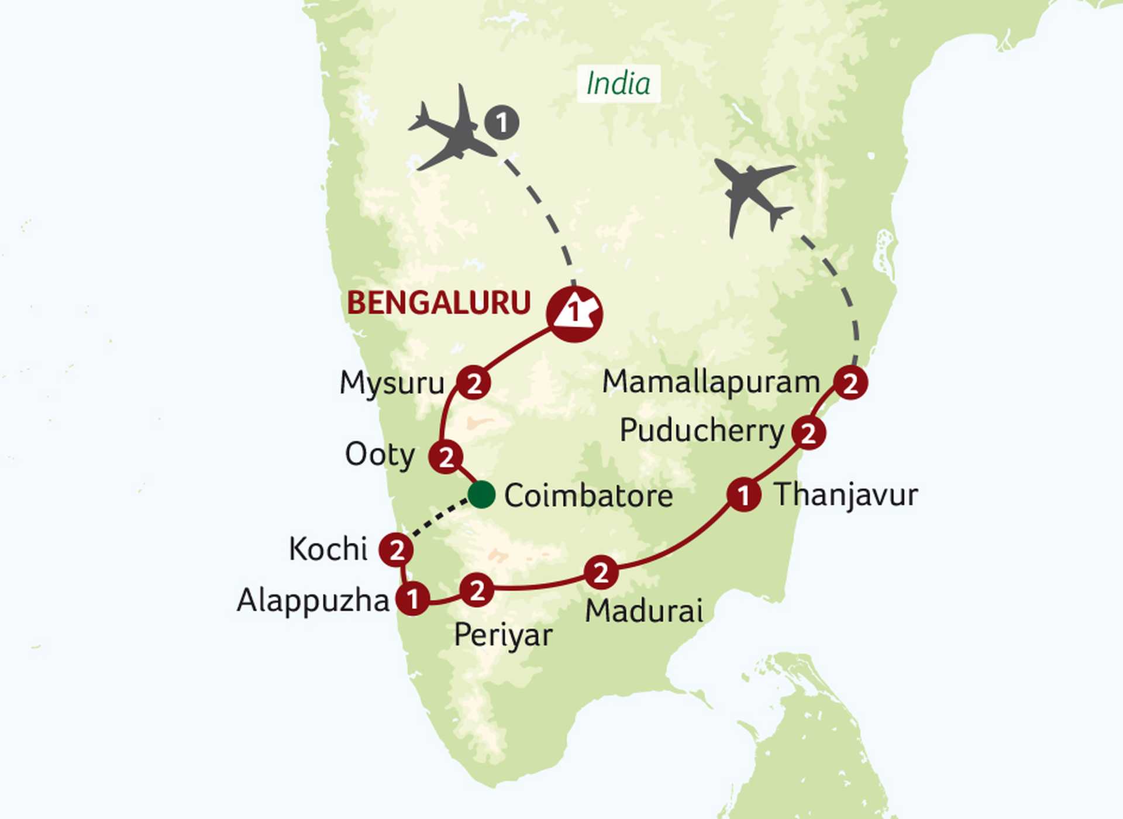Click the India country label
tap(618, 84)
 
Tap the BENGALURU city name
tap(439, 303)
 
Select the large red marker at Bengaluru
tap(574, 314)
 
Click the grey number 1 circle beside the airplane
tap(502, 123)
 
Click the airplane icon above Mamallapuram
tap(752, 193)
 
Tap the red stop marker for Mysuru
tap(474, 383)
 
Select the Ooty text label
tap(380, 455)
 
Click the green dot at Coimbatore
tap(482, 494)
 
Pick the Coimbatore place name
tap(588, 496)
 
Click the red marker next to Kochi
tap(396, 550)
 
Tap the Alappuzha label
tap(313, 601)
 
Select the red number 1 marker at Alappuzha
tap(413, 598)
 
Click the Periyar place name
tap(503, 635)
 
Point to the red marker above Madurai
tap(601, 572)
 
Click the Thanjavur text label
tap(846, 495)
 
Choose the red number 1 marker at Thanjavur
tap(743, 495)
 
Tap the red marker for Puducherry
tap(808, 433)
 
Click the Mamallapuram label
tap(711, 382)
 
